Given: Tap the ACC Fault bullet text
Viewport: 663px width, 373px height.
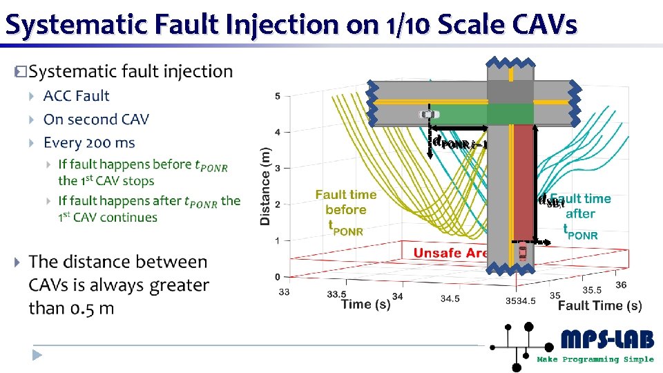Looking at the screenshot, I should (76, 96).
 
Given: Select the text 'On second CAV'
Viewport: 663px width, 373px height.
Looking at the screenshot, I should (96, 119).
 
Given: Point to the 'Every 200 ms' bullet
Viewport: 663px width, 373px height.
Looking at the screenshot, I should (89, 143).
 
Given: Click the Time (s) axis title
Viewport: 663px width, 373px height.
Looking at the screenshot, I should (365, 305).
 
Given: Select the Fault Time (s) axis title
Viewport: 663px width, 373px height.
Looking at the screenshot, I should (599, 305).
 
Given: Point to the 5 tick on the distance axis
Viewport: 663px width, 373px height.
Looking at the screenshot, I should (277, 95).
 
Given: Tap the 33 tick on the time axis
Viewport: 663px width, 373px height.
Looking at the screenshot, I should (284, 292).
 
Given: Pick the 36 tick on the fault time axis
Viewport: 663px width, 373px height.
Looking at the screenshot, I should (621, 285).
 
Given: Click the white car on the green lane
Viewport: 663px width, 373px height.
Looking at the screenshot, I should (428, 114).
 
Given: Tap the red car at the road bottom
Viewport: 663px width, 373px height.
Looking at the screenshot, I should (522, 252).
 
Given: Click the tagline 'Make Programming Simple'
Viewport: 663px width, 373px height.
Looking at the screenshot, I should (595, 359).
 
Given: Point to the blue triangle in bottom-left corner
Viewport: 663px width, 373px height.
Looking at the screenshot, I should (37, 355).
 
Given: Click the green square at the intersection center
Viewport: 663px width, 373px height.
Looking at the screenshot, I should (510, 113).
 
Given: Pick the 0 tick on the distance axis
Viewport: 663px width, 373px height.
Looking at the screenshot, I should (277, 277).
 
